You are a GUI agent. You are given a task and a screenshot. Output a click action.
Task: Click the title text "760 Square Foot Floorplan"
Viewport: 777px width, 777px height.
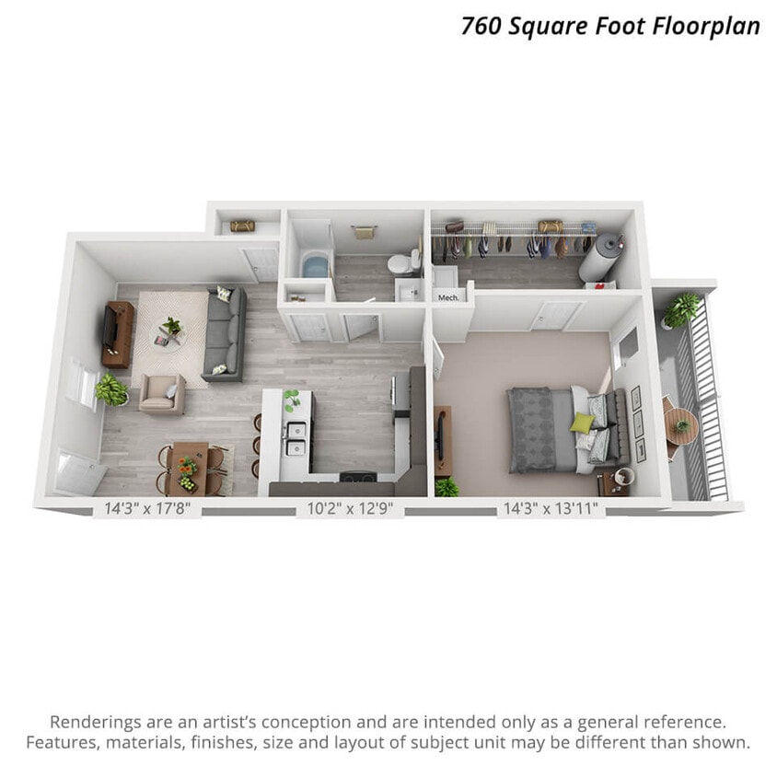click(610, 25)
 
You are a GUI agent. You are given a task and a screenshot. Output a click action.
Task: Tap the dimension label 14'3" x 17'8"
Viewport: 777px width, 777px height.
click(146, 506)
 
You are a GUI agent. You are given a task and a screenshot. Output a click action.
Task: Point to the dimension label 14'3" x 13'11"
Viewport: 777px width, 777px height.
click(550, 506)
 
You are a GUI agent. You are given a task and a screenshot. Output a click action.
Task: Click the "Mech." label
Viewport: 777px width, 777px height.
click(448, 297)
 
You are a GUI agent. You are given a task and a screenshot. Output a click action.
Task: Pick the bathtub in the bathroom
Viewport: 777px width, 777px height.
click(315, 265)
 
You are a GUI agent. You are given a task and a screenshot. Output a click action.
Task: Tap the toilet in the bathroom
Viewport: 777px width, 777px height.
click(399, 264)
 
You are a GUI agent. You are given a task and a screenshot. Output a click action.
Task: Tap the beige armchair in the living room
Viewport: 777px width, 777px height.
click(161, 392)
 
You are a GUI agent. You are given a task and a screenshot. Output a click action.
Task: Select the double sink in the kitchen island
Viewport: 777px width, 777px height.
click(296, 438)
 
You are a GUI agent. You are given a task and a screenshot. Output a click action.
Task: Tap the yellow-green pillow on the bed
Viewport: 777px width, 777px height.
click(582, 423)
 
